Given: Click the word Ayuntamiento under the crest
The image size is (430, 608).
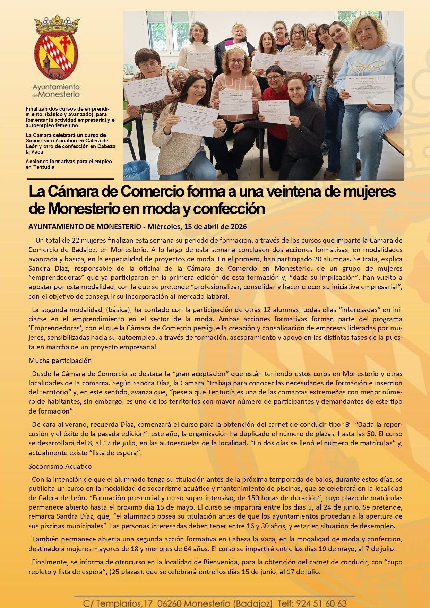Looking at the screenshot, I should click(x=56, y=87).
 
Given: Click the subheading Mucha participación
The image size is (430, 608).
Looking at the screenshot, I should click(x=60, y=361).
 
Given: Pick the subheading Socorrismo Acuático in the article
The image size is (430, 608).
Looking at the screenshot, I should click(x=60, y=466).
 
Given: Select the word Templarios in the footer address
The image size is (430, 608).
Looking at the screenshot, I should click(x=119, y=603).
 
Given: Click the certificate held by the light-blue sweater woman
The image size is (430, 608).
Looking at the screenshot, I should click(x=369, y=89).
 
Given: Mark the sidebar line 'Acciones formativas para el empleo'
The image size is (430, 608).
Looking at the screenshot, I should click(x=69, y=162).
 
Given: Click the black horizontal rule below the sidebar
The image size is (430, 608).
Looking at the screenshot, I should click(x=71, y=179).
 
